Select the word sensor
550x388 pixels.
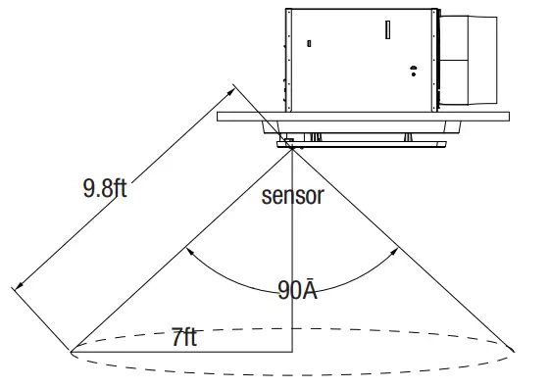[292, 195]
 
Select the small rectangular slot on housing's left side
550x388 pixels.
[310, 43]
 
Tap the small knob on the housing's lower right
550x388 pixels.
[413, 70]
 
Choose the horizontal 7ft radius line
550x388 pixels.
[181, 350]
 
